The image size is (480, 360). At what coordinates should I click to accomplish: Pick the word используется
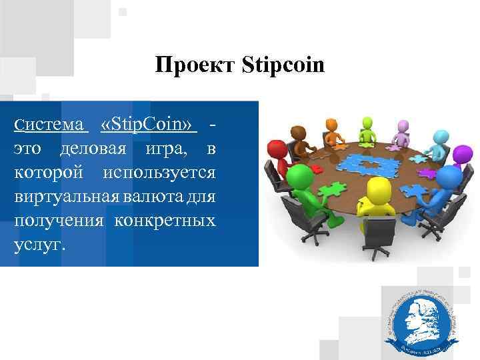pos(159,172)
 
